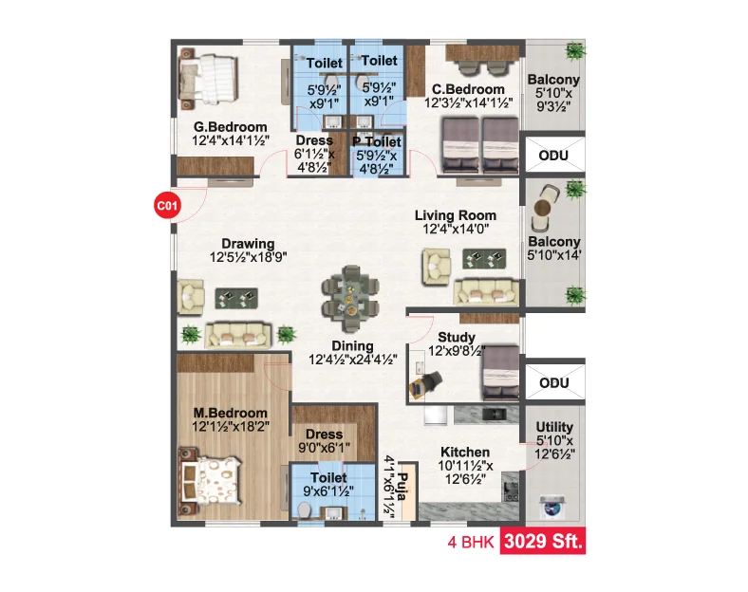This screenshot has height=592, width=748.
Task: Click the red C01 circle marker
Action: click(x=167, y=206)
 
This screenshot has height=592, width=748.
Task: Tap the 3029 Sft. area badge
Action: click(x=543, y=541)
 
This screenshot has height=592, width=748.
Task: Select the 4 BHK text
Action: click(x=471, y=543)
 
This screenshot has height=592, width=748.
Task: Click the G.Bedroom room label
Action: click(x=230, y=127)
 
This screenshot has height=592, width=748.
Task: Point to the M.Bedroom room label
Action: click(x=230, y=413)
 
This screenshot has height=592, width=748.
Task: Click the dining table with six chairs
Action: click(x=350, y=299)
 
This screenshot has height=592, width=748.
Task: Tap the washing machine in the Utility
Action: click(x=552, y=508)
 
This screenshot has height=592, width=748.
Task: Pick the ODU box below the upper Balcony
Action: click(x=554, y=155)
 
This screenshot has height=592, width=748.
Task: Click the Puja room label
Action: click(x=402, y=487)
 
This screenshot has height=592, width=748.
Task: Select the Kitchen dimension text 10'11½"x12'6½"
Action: click(x=465, y=472)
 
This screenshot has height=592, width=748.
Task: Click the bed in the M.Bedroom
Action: click(x=209, y=481)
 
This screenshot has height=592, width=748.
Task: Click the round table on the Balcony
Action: click(x=543, y=208)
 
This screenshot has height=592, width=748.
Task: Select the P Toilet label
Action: click(x=377, y=142)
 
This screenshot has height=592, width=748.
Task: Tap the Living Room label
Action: click(x=455, y=215)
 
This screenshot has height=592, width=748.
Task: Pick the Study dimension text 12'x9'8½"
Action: click(x=457, y=351)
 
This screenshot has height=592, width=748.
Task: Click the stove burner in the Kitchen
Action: click(x=512, y=491)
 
